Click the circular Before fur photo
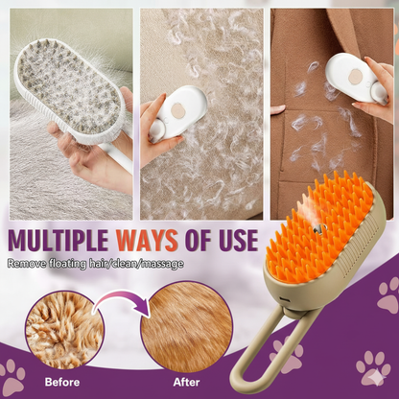pyautogui.click(x=65, y=329)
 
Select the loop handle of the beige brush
pyautogui.click(x=288, y=345)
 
